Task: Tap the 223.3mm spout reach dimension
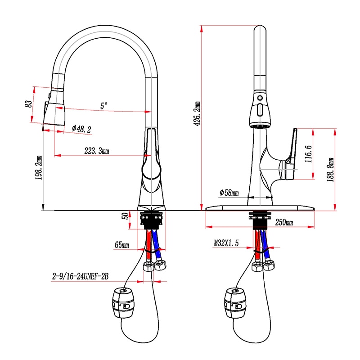point(97,151)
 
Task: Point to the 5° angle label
point(104,106)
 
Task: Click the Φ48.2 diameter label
point(81,129)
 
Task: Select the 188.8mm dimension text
point(330,170)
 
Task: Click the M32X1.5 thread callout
point(226,243)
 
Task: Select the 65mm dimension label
point(121,245)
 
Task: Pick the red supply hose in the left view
point(148,245)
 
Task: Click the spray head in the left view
point(55,110)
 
